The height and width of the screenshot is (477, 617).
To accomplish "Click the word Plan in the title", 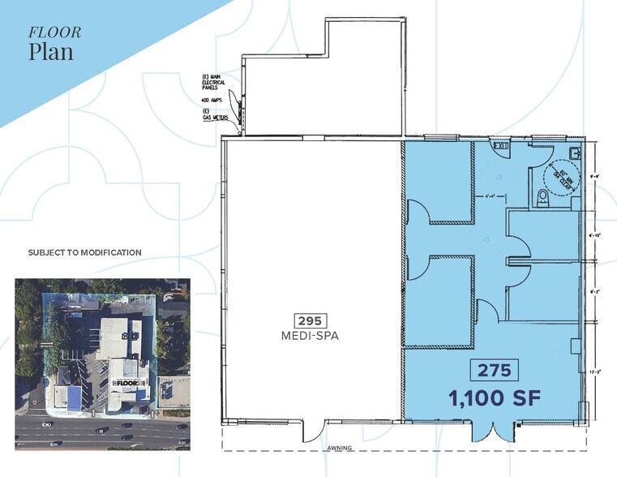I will coord(51,52).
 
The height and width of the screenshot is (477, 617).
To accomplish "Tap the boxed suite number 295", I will coord(313,320).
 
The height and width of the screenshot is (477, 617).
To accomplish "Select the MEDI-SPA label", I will coord(313,336).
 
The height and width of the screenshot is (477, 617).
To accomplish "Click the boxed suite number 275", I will coord(493,371).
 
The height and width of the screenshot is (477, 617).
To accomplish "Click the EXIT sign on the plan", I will coord(501,147).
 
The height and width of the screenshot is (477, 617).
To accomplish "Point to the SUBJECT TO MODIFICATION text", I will coord(85,253).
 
